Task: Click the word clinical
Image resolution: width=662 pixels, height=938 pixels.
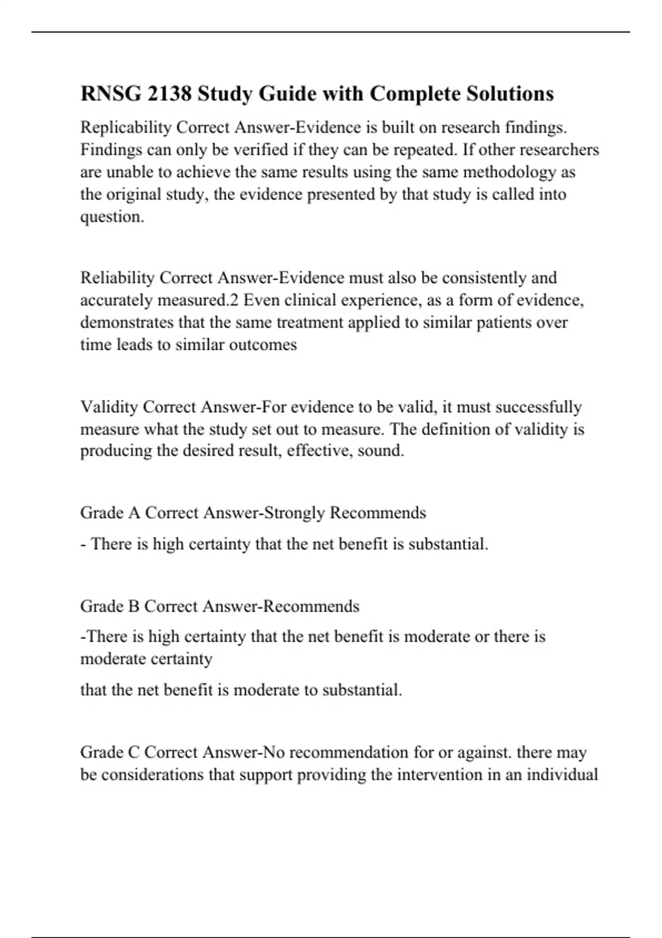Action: pyautogui.click(x=311, y=300)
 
